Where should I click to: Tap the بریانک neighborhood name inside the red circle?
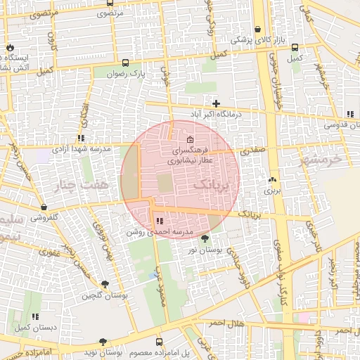(x=215, y=184)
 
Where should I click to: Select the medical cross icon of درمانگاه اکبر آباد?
(x=217, y=103)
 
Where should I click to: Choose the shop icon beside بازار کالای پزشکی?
(x=259, y=30)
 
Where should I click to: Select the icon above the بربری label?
(x=272, y=179)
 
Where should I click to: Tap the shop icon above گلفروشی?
(x=44, y=207)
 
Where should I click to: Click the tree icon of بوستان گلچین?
(x=105, y=285)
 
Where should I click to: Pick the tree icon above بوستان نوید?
(x=103, y=342)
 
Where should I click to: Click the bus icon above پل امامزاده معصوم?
(x=158, y=342)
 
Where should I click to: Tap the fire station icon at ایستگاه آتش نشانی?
(x=9, y=48)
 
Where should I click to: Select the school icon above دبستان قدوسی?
(x=349, y=115)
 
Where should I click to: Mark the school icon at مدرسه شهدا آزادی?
(x=82, y=139)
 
